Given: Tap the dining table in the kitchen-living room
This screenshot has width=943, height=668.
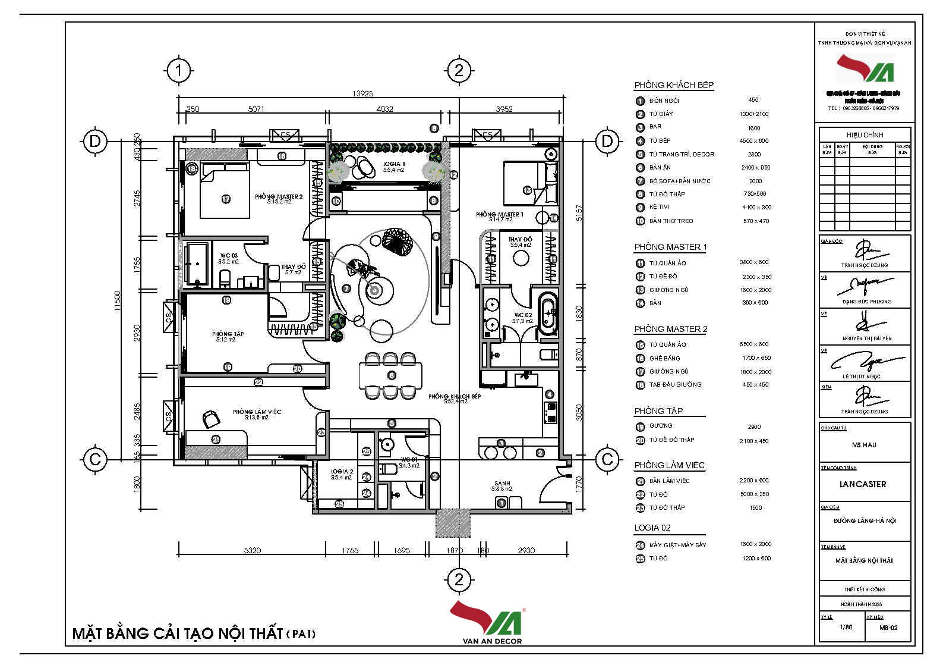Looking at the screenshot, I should click(x=390, y=375).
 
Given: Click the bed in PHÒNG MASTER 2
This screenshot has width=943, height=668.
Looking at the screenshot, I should click(x=224, y=192).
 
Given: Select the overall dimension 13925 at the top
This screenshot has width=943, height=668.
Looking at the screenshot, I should click(x=362, y=93).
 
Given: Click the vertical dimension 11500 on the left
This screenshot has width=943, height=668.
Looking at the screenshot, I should click(x=117, y=300).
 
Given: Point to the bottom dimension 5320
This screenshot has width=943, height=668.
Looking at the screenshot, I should click(x=253, y=550).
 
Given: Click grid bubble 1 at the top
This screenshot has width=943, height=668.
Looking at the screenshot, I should click(x=178, y=71).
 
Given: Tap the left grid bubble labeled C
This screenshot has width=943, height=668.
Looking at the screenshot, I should click(x=94, y=459).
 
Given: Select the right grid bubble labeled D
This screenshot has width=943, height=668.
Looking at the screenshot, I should click(x=607, y=141).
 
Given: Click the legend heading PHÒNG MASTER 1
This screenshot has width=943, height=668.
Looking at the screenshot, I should click(x=670, y=247).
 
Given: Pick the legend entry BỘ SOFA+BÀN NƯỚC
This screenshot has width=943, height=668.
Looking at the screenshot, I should click(x=679, y=181).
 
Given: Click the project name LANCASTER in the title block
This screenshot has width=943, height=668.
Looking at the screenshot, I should click(x=862, y=484).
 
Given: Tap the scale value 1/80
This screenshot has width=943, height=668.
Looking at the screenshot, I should click(x=846, y=627).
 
